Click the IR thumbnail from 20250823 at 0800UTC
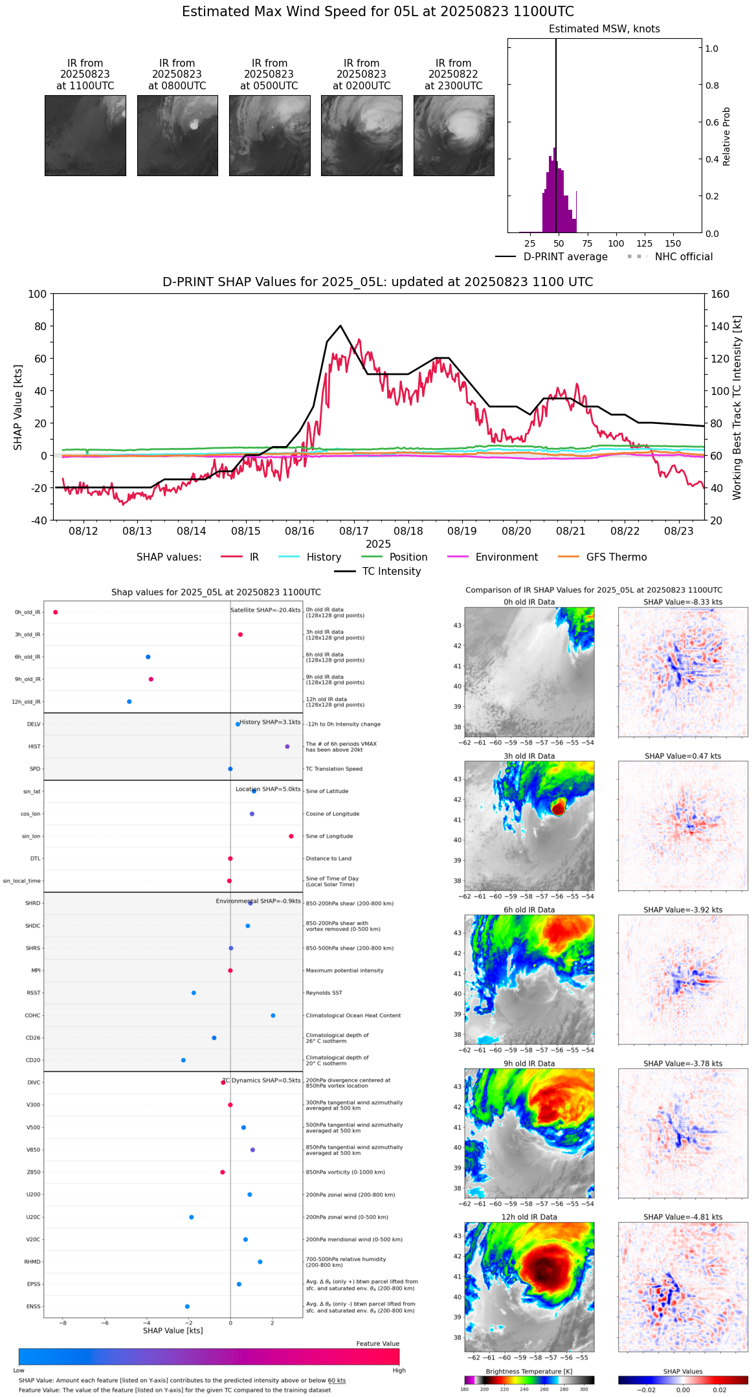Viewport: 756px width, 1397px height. (x=177, y=135)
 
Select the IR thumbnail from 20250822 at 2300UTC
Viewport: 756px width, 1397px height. (x=454, y=135)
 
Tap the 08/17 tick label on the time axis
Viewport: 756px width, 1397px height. (x=354, y=531)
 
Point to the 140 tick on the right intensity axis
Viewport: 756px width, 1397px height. (x=720, y=326)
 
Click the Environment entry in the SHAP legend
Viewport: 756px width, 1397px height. (x=506, y=557)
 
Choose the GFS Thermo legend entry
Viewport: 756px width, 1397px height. (x=616, y=557)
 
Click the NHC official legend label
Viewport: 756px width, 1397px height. (x=684, y=257)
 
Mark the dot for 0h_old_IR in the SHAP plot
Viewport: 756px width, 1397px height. (x=56, y=612)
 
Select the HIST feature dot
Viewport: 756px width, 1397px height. (x=287, y=746)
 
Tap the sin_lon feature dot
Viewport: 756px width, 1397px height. (x=291, y=836)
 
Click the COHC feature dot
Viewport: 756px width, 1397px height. (x=273, y=1016)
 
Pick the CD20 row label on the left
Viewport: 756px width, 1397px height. (x=33, y=1060)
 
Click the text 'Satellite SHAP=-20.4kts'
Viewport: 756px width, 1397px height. (x=265, y=610)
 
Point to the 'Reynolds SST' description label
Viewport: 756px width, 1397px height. (x=324, y=993)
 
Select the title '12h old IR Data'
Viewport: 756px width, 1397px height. (x=529, y=1217)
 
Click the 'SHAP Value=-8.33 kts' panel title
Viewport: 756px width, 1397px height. (x=683, y=602)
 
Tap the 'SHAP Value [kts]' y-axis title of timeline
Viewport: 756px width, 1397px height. (x=18, y=407)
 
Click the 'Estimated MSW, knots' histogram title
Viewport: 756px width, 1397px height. (x=604, y=29)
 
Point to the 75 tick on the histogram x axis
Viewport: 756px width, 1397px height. (x=587, y=243)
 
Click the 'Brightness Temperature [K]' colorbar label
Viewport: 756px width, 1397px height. (x=529, y=1371)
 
